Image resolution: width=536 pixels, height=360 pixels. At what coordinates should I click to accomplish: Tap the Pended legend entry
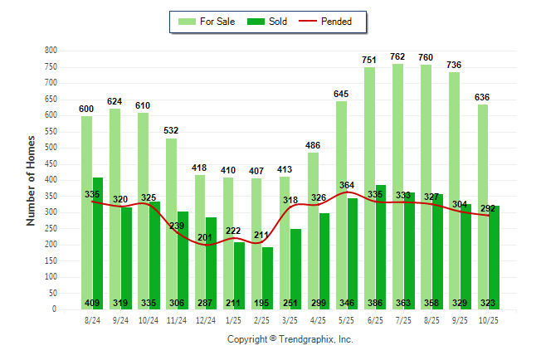click(x=336, y=22)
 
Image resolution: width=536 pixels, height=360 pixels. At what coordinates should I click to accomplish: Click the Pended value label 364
click(x=348, y=186)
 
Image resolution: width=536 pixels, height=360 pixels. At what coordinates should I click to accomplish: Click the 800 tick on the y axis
click(x=51, y=51)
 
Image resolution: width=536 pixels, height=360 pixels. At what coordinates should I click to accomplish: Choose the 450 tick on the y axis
click(x=51, y=164)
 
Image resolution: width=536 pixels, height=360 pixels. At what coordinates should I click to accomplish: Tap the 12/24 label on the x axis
click(x=205, y=320)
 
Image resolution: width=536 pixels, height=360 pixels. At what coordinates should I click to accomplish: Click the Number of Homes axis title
click(x=31, y=180)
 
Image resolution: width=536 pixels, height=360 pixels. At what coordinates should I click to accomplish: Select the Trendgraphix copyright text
click(x=290, y=339)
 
